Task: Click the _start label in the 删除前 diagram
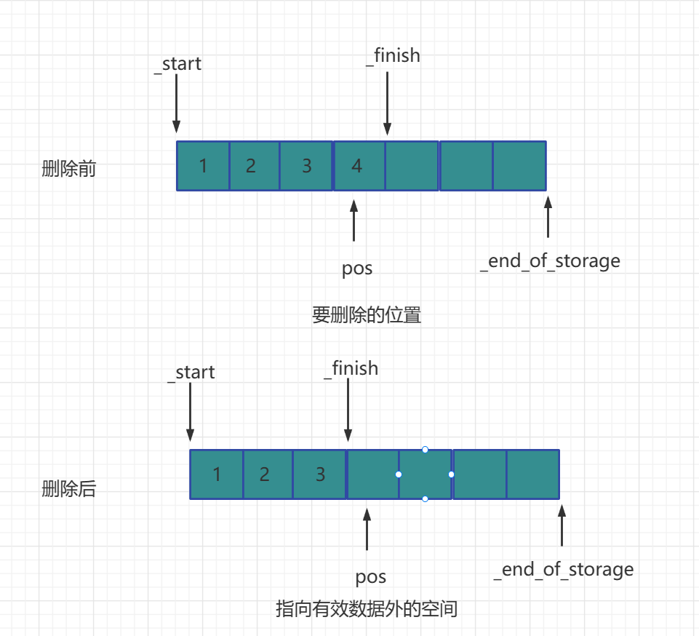click(178, 63)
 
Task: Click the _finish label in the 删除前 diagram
click(393, 55)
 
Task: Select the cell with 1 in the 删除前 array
click(203, 166)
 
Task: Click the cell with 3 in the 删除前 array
click(306, 166)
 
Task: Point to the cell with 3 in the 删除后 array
click(320, 474)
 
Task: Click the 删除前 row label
click(69, 170)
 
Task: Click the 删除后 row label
click(69, 489)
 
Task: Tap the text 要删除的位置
click(367, 315)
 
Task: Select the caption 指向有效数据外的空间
click(367, 608)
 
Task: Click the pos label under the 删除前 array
click(357, 269)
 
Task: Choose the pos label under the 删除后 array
click(371, 577)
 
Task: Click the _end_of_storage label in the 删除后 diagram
click(563, 569)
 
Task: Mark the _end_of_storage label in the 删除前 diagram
click(550, 261)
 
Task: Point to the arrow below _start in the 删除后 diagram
click(190, 411)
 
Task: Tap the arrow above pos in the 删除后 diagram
click(367, 530)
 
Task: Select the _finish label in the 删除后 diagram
click(351, 368)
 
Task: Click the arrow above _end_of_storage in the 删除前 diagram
click(548, 218)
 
